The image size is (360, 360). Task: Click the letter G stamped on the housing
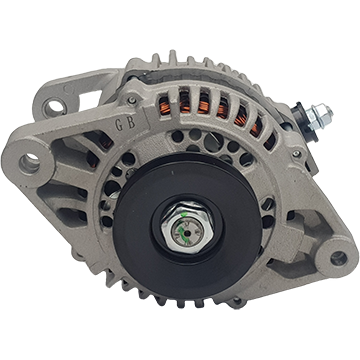click(x=119, y=125)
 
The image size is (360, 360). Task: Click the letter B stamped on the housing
click(x=131, y=123)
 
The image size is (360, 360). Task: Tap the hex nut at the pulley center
click(x=187, y=229)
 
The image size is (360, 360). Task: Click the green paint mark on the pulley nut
click(x=181, y=227)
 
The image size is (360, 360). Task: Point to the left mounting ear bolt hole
click(x=29, y=163)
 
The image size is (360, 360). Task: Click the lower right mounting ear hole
click(x=338, y=258)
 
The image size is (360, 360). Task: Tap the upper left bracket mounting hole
click(x=55, y=107)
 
